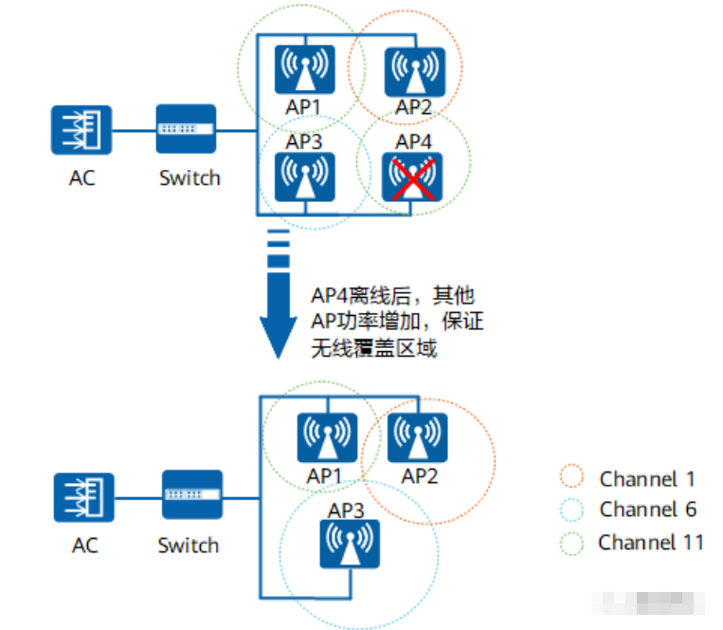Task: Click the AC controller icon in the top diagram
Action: pyautogui.click(x=82, y=130)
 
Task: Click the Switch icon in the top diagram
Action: pyautogui.click(x=187, y=130)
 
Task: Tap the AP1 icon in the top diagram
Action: pyautogui.click(x=305, y=67)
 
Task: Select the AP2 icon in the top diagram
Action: pyautogui.click(x=413, y=67)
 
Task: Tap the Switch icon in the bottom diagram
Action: pyautogui.click(x=191, y=494)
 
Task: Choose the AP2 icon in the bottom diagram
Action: pyautogui.click(x=418, y=436)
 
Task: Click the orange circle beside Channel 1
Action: pyautogui.click(x=572, y=479)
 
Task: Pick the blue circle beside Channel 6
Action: pyautogui.click(x=572, y=510)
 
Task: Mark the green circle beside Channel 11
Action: pyautogui.click(x=572, y=543)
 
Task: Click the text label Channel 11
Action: pyautogui.click(x=651, y=543)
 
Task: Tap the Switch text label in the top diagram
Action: pyautogui.click(x=190, y=177)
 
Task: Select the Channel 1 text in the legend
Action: pyautogui.click(x=647, y=479)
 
